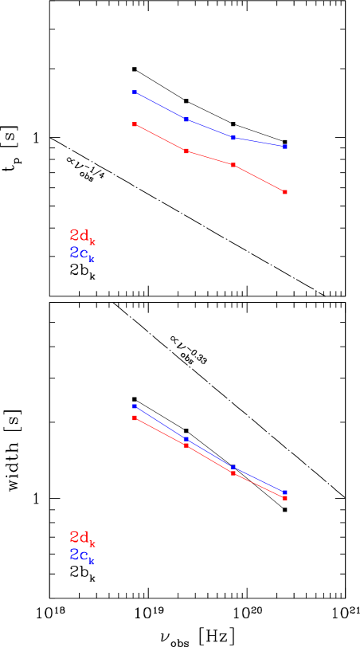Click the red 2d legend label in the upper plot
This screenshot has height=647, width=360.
tap(82, 236)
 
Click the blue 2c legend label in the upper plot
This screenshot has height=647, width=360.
tap(82, 253)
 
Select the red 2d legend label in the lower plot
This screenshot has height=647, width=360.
tap(82, 538)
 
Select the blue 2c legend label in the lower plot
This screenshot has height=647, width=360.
tap(82, 555)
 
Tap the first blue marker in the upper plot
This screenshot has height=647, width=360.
tap(135, 92)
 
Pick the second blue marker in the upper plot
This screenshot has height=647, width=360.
tap(186, 120)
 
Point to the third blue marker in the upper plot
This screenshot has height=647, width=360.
tap(233, 138)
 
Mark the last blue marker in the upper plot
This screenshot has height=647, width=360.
tap(285, 147)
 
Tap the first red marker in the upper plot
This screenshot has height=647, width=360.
tap(135, 124)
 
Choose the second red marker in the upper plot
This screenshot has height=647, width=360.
tap(186, 151)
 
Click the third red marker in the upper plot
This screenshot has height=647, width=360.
tap(233, 165)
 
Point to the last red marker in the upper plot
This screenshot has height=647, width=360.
tap(285, 192)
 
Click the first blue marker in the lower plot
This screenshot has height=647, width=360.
tap(135, 406)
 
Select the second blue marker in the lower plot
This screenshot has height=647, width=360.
tap(186, 439)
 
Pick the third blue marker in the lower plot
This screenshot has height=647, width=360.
tap(233, 468)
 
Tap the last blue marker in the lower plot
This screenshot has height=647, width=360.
tap(285, 492)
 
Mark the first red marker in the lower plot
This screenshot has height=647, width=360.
tap(135, 418)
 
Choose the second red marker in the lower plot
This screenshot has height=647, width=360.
tap(186, 445)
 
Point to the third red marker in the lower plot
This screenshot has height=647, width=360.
tap(233, 473)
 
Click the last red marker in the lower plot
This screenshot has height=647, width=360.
tap(285, 498)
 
